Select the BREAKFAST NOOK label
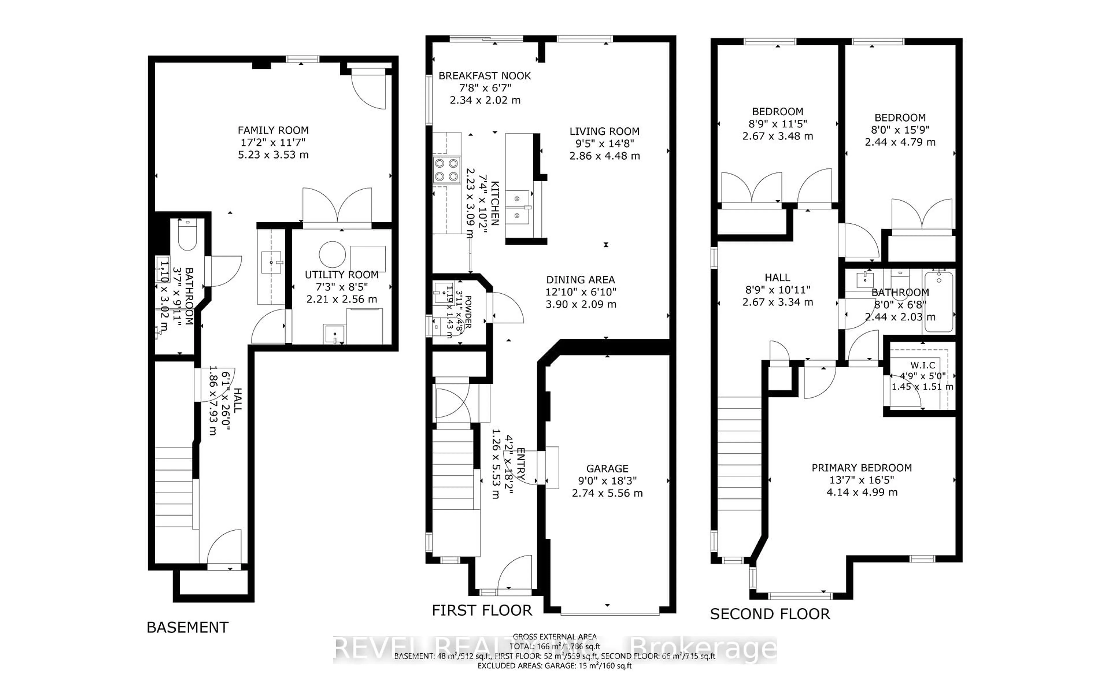[x=484, y=76]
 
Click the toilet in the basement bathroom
[x=187, y=235]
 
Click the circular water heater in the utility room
[x=332, y=254]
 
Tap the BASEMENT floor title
[x=187, y=627]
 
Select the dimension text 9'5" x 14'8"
[x=604, y=143]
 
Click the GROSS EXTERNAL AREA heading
[x=554, y=637]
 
